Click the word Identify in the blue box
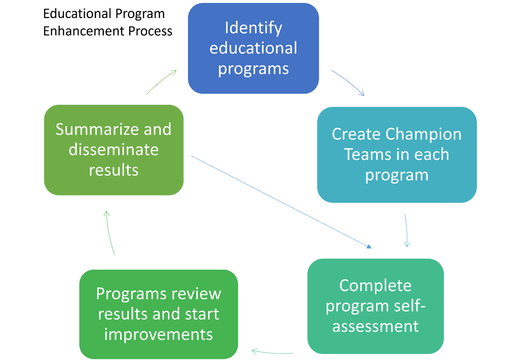pyautogui.click(x=253, y=28)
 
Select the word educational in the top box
pyautogui.click(x=253, y=48)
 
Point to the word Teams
pyautogui.click(x=365, y=154)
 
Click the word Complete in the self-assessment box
pyautogui.click(x=375, y=285)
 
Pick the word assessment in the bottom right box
pyautogui.click(x=375, y=326)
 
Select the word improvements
pyautogui.click(x=158, y=334)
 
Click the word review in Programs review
pyautogui.click(x=197, y=294)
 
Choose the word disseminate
pyautogui.click(x=114, y=150)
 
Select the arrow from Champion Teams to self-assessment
pyautogui.click(x=406, y=230)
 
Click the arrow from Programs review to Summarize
pyautogui.click(x=110, y=233)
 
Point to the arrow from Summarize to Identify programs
pyautogui.click(x=161, y=82)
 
